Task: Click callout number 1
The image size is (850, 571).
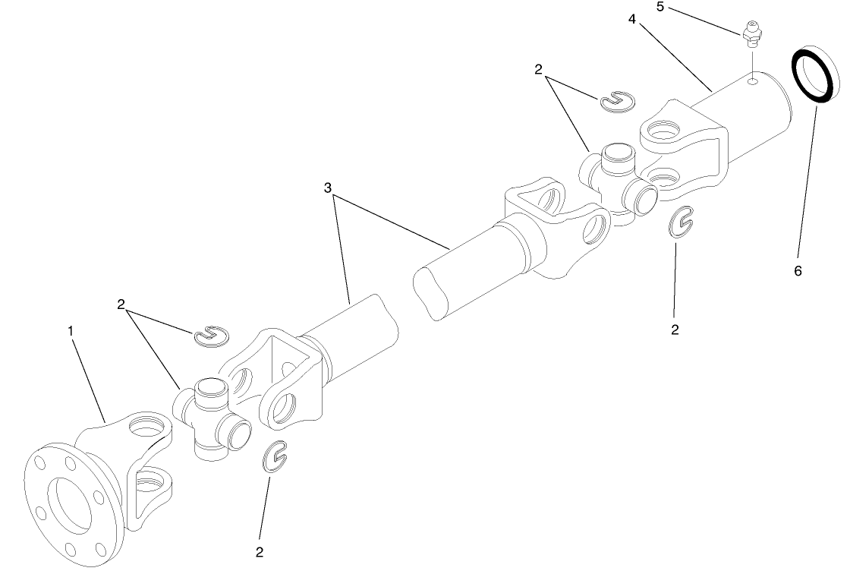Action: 71,331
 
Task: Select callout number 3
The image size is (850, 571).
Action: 328,188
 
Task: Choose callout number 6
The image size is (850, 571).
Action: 798,270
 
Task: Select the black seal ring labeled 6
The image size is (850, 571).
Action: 816,75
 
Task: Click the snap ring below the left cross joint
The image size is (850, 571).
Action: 275,457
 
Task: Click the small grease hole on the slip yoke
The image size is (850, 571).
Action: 751,80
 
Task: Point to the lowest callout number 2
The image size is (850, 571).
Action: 260,551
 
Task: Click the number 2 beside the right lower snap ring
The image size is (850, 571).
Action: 675,330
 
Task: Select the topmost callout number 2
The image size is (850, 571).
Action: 538,70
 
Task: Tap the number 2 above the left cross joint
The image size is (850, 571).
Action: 121,304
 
